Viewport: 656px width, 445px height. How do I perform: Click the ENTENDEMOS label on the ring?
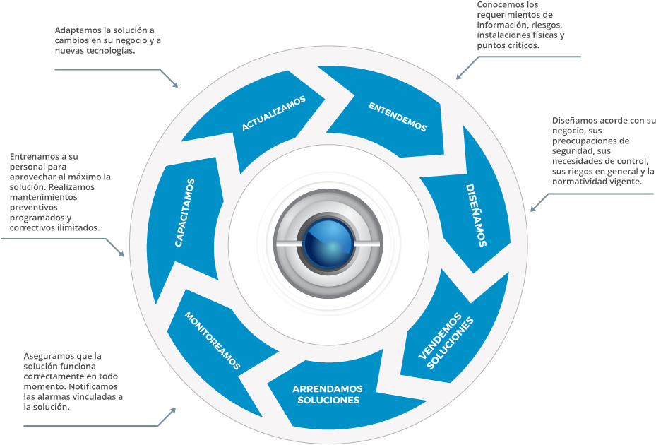398,117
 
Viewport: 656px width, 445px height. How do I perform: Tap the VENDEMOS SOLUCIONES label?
445,339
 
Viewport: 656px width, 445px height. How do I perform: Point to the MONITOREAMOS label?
213,340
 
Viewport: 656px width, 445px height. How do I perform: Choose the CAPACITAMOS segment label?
185,213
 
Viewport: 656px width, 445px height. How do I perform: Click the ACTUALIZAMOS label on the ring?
274,113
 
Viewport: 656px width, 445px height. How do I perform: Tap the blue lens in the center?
328,241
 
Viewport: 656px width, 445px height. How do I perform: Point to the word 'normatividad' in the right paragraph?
580,182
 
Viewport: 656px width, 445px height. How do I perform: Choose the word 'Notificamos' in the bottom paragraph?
94,387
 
